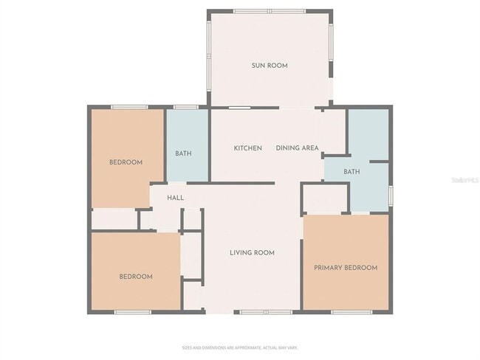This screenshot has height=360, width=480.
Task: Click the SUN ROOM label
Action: pyautogui.click(x=269, y=66)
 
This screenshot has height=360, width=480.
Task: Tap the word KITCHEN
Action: pyautogui.click(x=247, y=148)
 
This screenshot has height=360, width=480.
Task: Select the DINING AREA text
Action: pyautogui.click(x=297, y=148)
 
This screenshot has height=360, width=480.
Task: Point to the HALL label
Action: pyautogui.click(x=175, y=198)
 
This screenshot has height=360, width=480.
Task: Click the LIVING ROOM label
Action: pyautogui.click(x=252, y=253)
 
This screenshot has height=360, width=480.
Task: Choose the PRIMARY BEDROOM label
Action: pyautogui.click(x=346, y=268)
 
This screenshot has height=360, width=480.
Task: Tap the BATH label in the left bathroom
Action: pyautogui.click(x=183, y=153)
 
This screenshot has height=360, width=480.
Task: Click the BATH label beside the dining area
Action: pyautogui.click(x=352, y=172)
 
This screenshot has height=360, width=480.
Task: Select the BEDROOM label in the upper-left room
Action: pyautogui.click(x=126, y=162)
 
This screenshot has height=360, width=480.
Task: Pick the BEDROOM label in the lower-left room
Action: pyautogui.click(x=136, y=277)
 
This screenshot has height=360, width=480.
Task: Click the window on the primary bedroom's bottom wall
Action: pyautogui.click(x=352, y=312)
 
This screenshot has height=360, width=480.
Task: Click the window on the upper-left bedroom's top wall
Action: pyautogui.click(x=128, y=108)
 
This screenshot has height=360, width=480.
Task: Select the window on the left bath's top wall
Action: pyautogui.click(x=185, y=108)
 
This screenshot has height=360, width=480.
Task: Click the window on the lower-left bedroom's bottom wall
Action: pyautogui.click(x=133, y=312)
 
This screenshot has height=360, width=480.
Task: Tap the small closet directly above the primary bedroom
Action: pyautogui.click(x=325, y=198)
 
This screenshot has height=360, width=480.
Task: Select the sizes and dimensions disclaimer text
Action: pyautogui.click(x=239, y=347)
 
